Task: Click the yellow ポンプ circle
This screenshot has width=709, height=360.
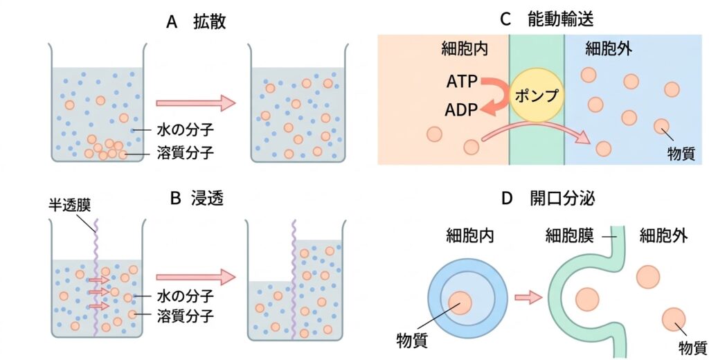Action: tap(537, 96)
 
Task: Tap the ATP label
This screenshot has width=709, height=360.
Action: tap(462, 82)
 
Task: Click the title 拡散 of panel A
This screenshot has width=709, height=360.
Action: tap(209, 21)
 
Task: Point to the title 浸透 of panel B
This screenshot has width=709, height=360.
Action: tap(206, 198)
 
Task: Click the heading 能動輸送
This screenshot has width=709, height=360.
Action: tap(560, 19)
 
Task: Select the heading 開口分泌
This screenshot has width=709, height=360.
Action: tap(562, 198)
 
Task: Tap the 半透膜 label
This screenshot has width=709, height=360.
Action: tap(70, 204)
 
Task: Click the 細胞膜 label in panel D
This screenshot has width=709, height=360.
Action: tap(569, 236)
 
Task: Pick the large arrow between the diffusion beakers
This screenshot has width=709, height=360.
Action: tap(196, 103)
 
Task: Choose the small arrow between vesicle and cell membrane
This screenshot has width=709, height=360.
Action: tap(528, 298)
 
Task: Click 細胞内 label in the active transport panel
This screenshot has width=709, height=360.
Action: tap(465, 48)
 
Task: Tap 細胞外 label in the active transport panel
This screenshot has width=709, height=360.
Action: tap(608, 48)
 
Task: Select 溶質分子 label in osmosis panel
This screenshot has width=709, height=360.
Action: tap(185, 315)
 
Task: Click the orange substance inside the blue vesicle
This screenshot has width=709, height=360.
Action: tap(460, 303)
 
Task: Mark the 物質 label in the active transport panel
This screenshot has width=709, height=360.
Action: tap(681, 154)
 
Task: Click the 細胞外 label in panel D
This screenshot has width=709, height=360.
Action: tap(664, 236)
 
